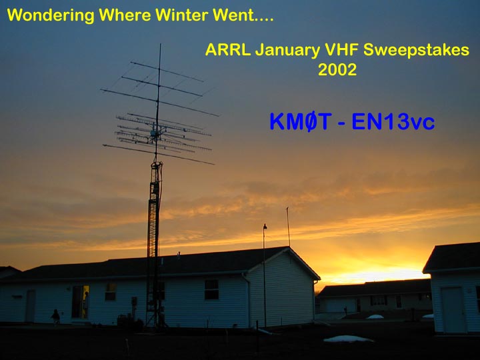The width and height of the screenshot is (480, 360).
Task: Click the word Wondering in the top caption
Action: pos(51,15)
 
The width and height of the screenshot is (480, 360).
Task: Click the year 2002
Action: pos(337,69)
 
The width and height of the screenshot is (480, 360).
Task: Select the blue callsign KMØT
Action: pos(301,121)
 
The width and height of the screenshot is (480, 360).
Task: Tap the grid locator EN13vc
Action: pos(393,121)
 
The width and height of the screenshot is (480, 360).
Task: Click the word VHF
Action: pos(341,49)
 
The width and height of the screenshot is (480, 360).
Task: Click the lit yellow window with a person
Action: pos(85,301)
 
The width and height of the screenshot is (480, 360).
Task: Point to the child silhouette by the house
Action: pos(55,317)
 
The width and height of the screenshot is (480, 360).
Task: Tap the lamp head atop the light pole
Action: pos(265,227)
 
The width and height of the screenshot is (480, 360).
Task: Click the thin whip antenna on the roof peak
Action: pos(288,227)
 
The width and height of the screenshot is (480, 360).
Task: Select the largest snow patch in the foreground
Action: pos(348,339)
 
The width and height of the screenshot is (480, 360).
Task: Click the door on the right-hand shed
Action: pos(453,310)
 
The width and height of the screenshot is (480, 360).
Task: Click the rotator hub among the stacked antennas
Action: pos(153,134)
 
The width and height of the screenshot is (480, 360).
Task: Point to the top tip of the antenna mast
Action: pos(160,44)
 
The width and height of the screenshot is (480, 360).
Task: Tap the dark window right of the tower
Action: pos(211,289)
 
